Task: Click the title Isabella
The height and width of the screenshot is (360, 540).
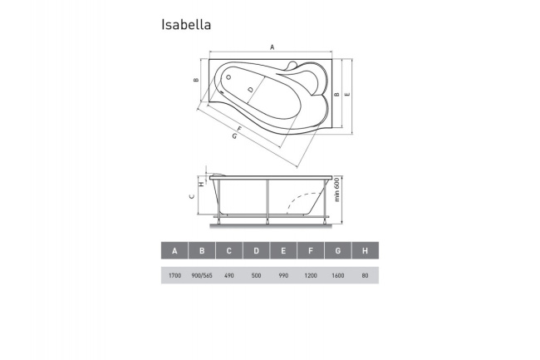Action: coord(185,25)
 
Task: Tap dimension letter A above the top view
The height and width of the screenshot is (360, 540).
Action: coord(272,47)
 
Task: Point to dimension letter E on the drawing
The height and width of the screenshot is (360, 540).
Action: coord(347,96)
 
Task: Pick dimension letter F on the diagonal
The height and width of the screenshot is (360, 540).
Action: coord(241,129)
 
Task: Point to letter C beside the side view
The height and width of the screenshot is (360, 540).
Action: coord(193,197)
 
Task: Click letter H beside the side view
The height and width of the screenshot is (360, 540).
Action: coord(200,185)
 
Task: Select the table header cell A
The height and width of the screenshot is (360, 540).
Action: coord(174,250)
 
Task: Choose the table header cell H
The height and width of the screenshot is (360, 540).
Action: coord(365,250)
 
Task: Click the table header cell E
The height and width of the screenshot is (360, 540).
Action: coord(283,250)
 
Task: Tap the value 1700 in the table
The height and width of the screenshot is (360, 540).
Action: coord(174,275)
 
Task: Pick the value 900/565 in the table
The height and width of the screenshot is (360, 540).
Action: coord(202,275)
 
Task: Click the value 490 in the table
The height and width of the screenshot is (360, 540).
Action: coord(229,275)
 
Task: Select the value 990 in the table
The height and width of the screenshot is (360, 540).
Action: coord(283,275)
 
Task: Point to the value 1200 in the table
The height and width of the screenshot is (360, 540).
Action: coord(311,275)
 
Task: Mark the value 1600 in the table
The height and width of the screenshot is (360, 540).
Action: coord(338,275)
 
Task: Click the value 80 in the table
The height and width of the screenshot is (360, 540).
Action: coord(365,275)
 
